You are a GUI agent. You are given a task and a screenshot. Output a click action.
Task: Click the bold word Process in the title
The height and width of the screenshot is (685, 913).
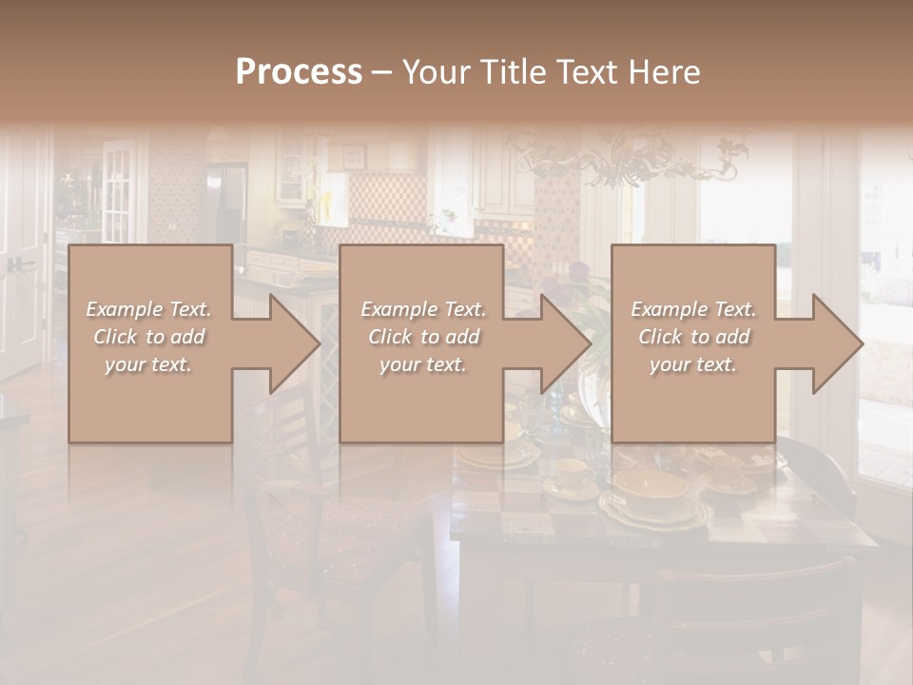(x=299, y=72)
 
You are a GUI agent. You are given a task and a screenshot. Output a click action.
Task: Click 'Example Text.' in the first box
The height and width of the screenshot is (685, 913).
(x=148, y=309)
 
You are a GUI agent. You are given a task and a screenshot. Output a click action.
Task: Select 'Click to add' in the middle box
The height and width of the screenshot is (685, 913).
(x=423, y=337)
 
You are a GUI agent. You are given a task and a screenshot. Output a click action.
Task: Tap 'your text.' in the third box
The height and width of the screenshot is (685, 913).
(x=693, y=364)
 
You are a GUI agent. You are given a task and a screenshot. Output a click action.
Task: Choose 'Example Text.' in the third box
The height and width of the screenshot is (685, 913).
(x=693, y=309)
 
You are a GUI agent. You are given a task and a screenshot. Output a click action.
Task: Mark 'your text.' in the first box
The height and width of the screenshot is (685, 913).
(x=148, y=364)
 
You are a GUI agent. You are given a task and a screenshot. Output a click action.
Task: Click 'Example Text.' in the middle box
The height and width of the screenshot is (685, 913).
(x=423, y=309)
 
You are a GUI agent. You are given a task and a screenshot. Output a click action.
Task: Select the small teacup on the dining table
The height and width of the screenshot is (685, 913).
(x=572, y=473)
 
